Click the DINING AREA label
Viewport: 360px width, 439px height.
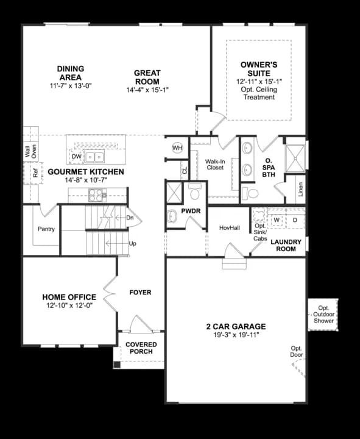tap(71, 73)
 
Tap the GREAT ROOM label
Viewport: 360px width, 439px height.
tap(147, 77)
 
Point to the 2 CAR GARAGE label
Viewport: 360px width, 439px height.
tap(236, 326)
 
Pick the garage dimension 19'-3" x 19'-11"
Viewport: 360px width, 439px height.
tap(236, 335)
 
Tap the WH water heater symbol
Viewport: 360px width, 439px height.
tap(177, 148)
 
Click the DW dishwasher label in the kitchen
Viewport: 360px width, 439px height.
tap(76, 157)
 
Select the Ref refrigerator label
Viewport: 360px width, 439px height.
tap(35, 173)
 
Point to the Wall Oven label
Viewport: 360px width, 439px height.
tap(30, 152)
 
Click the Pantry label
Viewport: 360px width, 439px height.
tap(46, 229)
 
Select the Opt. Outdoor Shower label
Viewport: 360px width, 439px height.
tap(322, 314)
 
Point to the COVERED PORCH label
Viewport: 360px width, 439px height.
tap(141, 348)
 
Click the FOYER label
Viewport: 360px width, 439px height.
tap(141, 293)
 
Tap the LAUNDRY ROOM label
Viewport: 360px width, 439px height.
tap(286, 246)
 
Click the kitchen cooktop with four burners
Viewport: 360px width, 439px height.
tap(96, 195)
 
